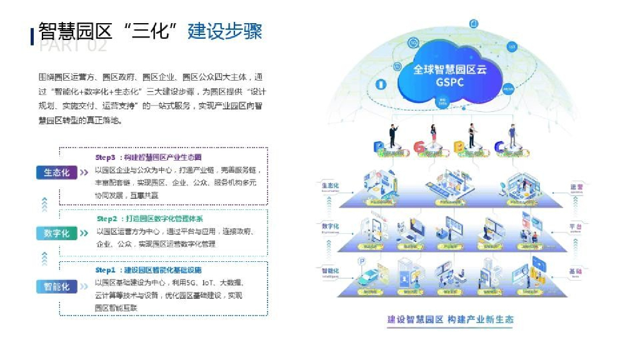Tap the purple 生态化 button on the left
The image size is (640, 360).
tap(57, 173)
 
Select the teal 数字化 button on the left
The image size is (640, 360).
tap(57, 233)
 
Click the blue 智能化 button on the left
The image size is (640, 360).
tap(57, 287)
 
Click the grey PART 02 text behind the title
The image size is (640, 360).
tap(73, 46)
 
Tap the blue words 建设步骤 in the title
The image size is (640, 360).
tap(224, 31)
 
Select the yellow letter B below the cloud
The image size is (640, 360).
tap(458, 147)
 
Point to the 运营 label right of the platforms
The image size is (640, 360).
tap(576, 187)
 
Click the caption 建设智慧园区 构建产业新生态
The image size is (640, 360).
tap(450, 319)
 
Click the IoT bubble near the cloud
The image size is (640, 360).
tap(512, 47)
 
